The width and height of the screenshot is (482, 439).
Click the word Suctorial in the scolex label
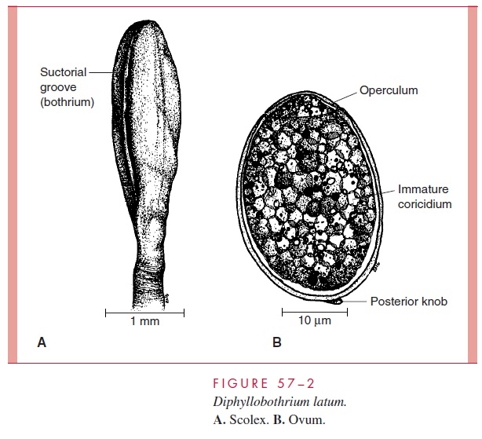[61, 73]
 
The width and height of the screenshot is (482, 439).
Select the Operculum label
[389, 90]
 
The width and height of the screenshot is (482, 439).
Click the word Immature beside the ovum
[422, 190]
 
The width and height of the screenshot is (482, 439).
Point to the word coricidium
[425, 204]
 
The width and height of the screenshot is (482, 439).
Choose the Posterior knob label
[409, 302]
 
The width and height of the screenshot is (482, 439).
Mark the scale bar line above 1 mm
[144, 313]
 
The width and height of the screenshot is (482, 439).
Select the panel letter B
[276, 342]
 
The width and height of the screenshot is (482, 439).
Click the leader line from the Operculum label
[345, 96]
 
